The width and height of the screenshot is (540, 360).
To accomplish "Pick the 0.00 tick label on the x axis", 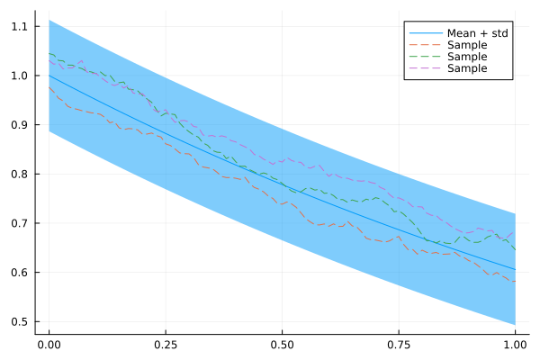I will point(49,345).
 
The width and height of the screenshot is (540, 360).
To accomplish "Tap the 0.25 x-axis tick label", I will point(166,345).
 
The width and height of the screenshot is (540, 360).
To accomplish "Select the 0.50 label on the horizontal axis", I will point(282,345).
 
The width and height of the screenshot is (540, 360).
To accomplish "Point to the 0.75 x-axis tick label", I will point(399,345).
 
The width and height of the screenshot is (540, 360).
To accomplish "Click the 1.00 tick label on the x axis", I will point(515,345).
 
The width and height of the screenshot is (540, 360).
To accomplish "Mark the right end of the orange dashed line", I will point(515,282).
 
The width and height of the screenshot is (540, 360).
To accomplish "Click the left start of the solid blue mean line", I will point(49,76).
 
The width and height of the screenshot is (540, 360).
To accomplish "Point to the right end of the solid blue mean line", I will point(515,269).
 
